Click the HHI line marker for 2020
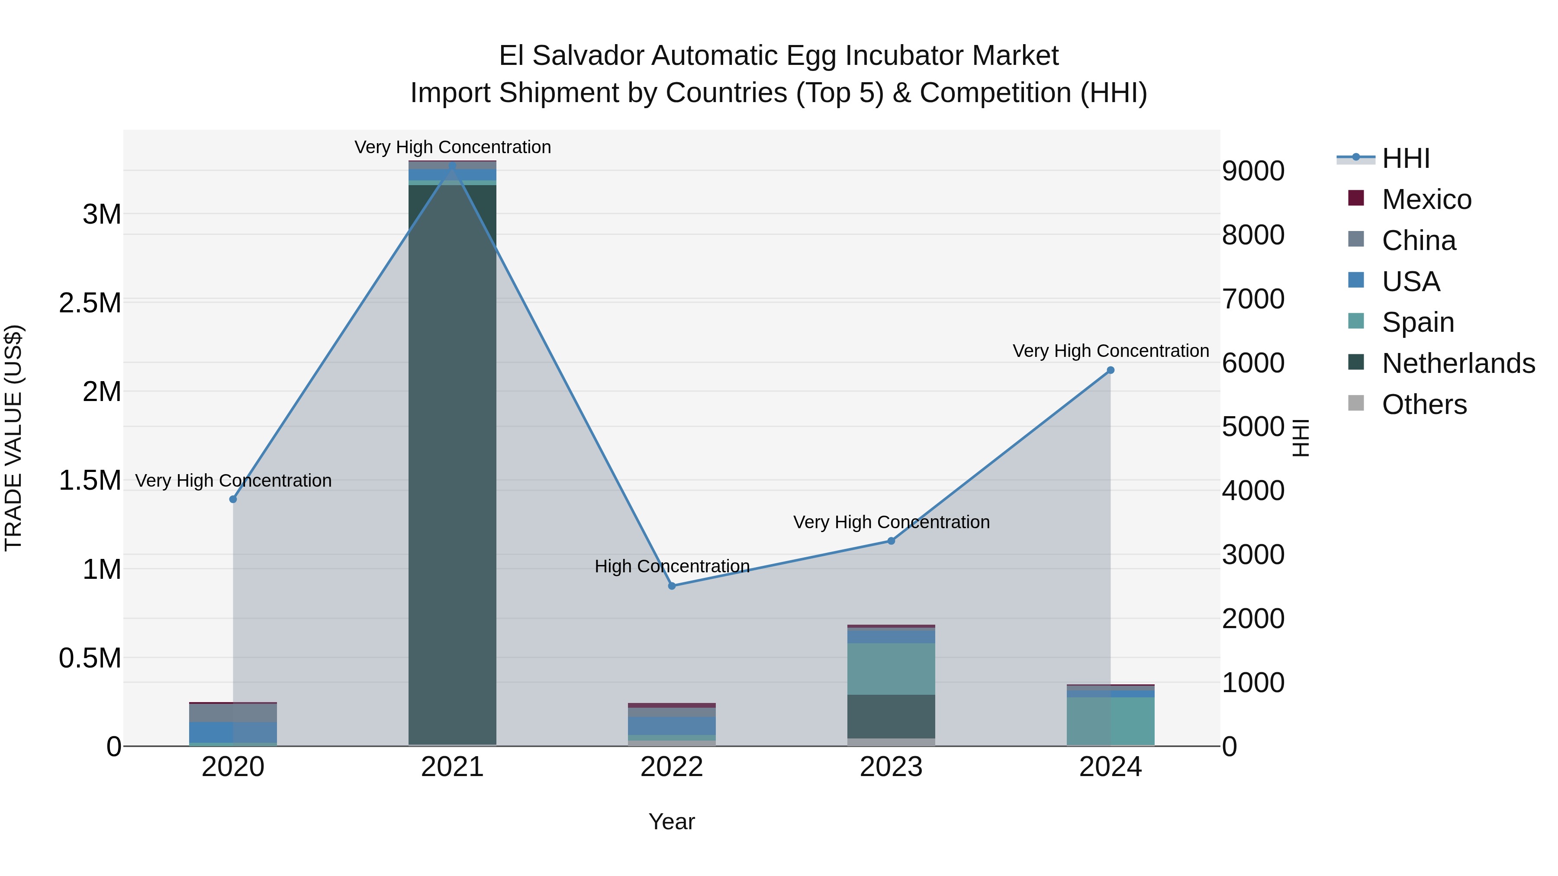(x=233, y=499)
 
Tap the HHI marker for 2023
(x=891, y=540)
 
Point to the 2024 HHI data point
(x=1111, y=370)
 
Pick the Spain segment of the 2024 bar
(x=1111, y=721)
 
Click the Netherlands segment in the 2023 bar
(x=891, y=716)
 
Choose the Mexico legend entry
(x=1426, y=199)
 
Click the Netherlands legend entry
(x=1458, y=363)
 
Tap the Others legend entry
(x=1424, y=404)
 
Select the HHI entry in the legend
(x=1406, y=158)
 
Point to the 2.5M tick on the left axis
(x=90, y=303)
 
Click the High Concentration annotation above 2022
(x=672, y=566)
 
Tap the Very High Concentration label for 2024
(x=1111, y=351)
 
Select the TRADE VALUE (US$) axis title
(x=13, y=438)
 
